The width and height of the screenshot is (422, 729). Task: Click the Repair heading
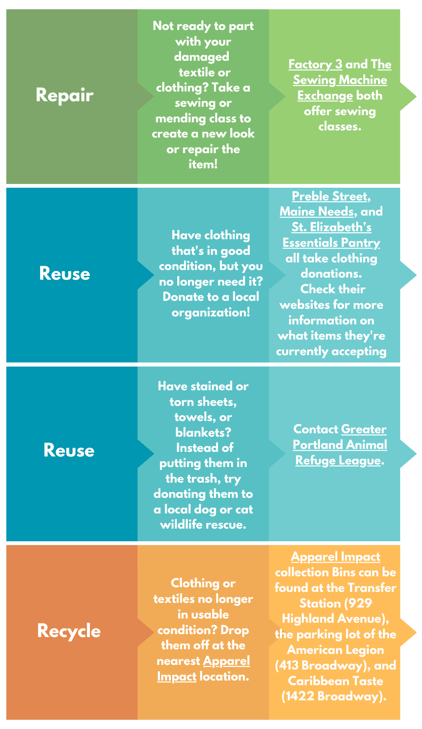pos(65,95)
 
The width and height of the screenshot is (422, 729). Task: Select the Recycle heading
pos(69,631)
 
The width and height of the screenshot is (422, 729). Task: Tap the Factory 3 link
pos(315,65)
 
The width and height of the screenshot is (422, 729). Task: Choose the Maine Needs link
pos(316,212)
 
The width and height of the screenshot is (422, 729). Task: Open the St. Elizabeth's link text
pos(331,227)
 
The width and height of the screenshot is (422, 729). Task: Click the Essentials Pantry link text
pos(331,243)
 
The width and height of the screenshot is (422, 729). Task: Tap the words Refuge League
pos(338,460)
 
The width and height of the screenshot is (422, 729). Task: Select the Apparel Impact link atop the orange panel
pos(335,557)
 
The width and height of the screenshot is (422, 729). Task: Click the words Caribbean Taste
pos(335,681)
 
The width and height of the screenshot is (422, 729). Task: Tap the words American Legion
pos(335,650)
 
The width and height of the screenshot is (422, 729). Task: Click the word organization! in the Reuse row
pos(211,313)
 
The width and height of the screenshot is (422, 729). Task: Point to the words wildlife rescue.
pos(203,525)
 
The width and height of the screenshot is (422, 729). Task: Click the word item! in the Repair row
pos(203,165)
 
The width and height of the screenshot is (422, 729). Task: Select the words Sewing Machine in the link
pos(340,80)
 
